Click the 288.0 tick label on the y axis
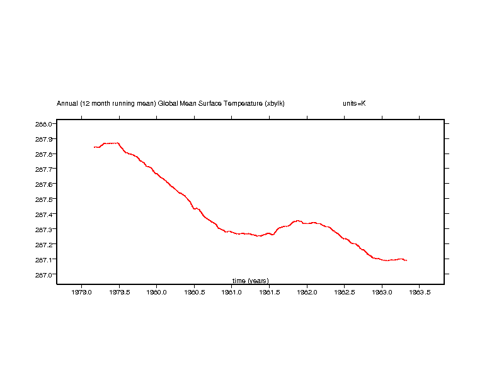(x=43, y=124)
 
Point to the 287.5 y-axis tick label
(x=43, y=199)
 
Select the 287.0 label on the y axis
(x=43, y=275)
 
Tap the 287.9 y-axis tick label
(x=43, y=139)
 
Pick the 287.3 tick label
(x=43, y=230)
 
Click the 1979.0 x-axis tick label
(x=81, y=293)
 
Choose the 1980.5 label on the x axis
(x=194, y=293)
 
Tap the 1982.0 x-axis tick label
(x=307, y=293)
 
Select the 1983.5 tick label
(x=420, y=293)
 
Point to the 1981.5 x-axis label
(x=269, y=293)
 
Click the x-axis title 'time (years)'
(x=250, y=281)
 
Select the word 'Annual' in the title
(x=67, y=103)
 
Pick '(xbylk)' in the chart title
(x=275, y=103)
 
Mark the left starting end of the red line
(x=94, y=147)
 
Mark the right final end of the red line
(x=406, y=260)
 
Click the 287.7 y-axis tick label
(x=43, y=169)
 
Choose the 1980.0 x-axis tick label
(x=156, y=293)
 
